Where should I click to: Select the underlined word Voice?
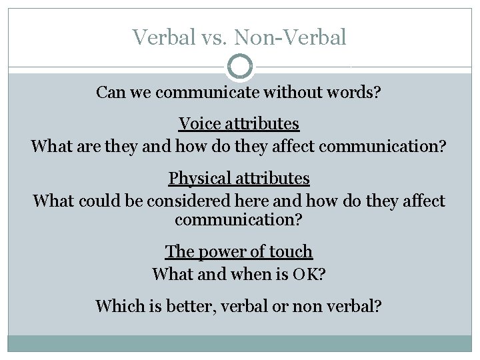199,123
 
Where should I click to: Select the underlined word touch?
291,251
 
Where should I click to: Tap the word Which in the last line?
117,306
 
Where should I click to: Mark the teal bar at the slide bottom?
240,343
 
